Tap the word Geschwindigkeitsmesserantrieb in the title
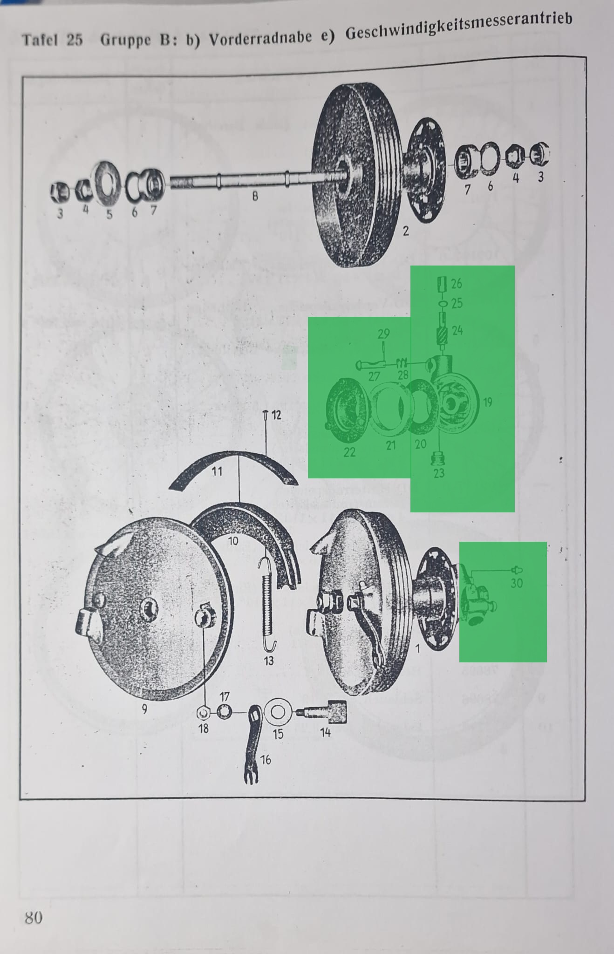458,27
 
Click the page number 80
34,917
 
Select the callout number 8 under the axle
255,196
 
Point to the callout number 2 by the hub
406,231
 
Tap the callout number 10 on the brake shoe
233,541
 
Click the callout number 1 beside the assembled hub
417,648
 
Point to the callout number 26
457,283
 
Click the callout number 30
517,583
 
